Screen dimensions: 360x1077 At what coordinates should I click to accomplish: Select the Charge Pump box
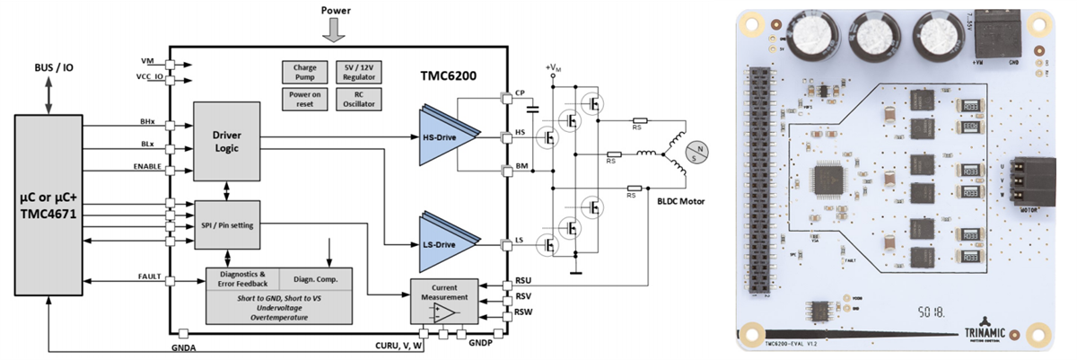coord(299,72)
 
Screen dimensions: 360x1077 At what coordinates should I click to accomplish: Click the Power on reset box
coord(299,98)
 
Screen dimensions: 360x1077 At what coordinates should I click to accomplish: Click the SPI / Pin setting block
coord(227,224)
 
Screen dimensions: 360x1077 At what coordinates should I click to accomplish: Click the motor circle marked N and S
coord(696,153)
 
